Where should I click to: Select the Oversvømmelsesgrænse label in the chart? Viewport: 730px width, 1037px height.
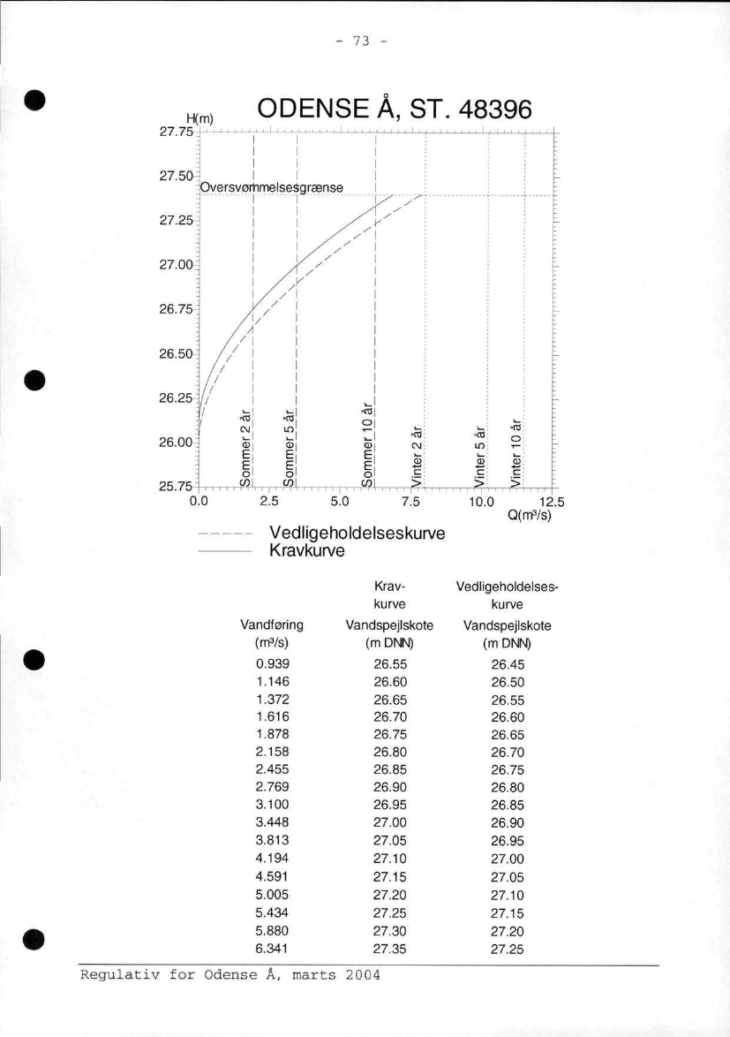pyautogui.click(x=271, y=187)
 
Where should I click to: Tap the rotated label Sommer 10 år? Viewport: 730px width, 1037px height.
pyautogui.click(x=369, y=443)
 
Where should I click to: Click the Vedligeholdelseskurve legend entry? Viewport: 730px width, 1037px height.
pyautogui.click(x=357, y=534)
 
